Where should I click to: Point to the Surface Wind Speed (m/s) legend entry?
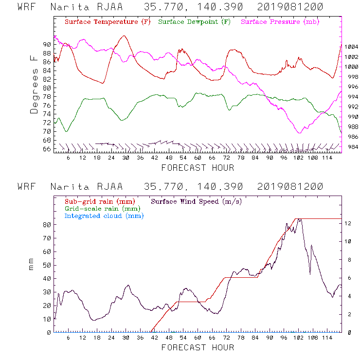[196, 201]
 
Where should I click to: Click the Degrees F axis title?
[34, 84]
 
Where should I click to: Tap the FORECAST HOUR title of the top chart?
[198, 168]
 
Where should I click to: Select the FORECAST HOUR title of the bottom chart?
[198, 347]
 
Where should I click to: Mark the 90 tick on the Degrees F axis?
[47, 44]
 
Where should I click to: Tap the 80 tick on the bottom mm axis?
[47, 225]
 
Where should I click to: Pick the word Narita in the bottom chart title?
[68, 187]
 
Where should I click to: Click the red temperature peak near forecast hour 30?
[125, 36]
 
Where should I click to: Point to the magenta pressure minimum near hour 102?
[299, 133]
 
